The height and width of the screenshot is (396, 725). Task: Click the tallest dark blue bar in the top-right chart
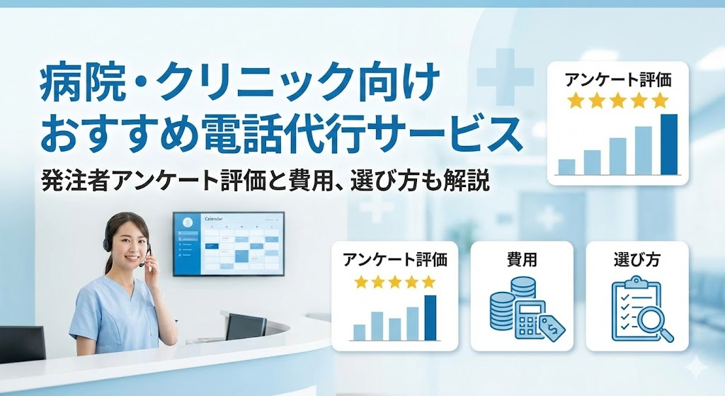(x=669, y=144)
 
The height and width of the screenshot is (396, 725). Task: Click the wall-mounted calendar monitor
(x=228, y=243)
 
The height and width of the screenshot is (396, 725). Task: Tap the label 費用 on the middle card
(x=523, y=259)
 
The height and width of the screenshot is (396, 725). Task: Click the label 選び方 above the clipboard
(x=636, y=259)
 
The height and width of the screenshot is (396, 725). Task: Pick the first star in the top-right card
(x=575, y=101)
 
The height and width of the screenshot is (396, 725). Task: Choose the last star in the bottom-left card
(x=429, y=281)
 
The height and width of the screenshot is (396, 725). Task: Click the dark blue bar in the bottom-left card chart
(x=430, y=317)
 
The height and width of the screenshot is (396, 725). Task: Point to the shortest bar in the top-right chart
(x=566, y=166)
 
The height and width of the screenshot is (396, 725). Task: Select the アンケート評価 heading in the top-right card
(x=618, y=80)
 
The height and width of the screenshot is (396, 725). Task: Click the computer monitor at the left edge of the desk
(x=21, y=342)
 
